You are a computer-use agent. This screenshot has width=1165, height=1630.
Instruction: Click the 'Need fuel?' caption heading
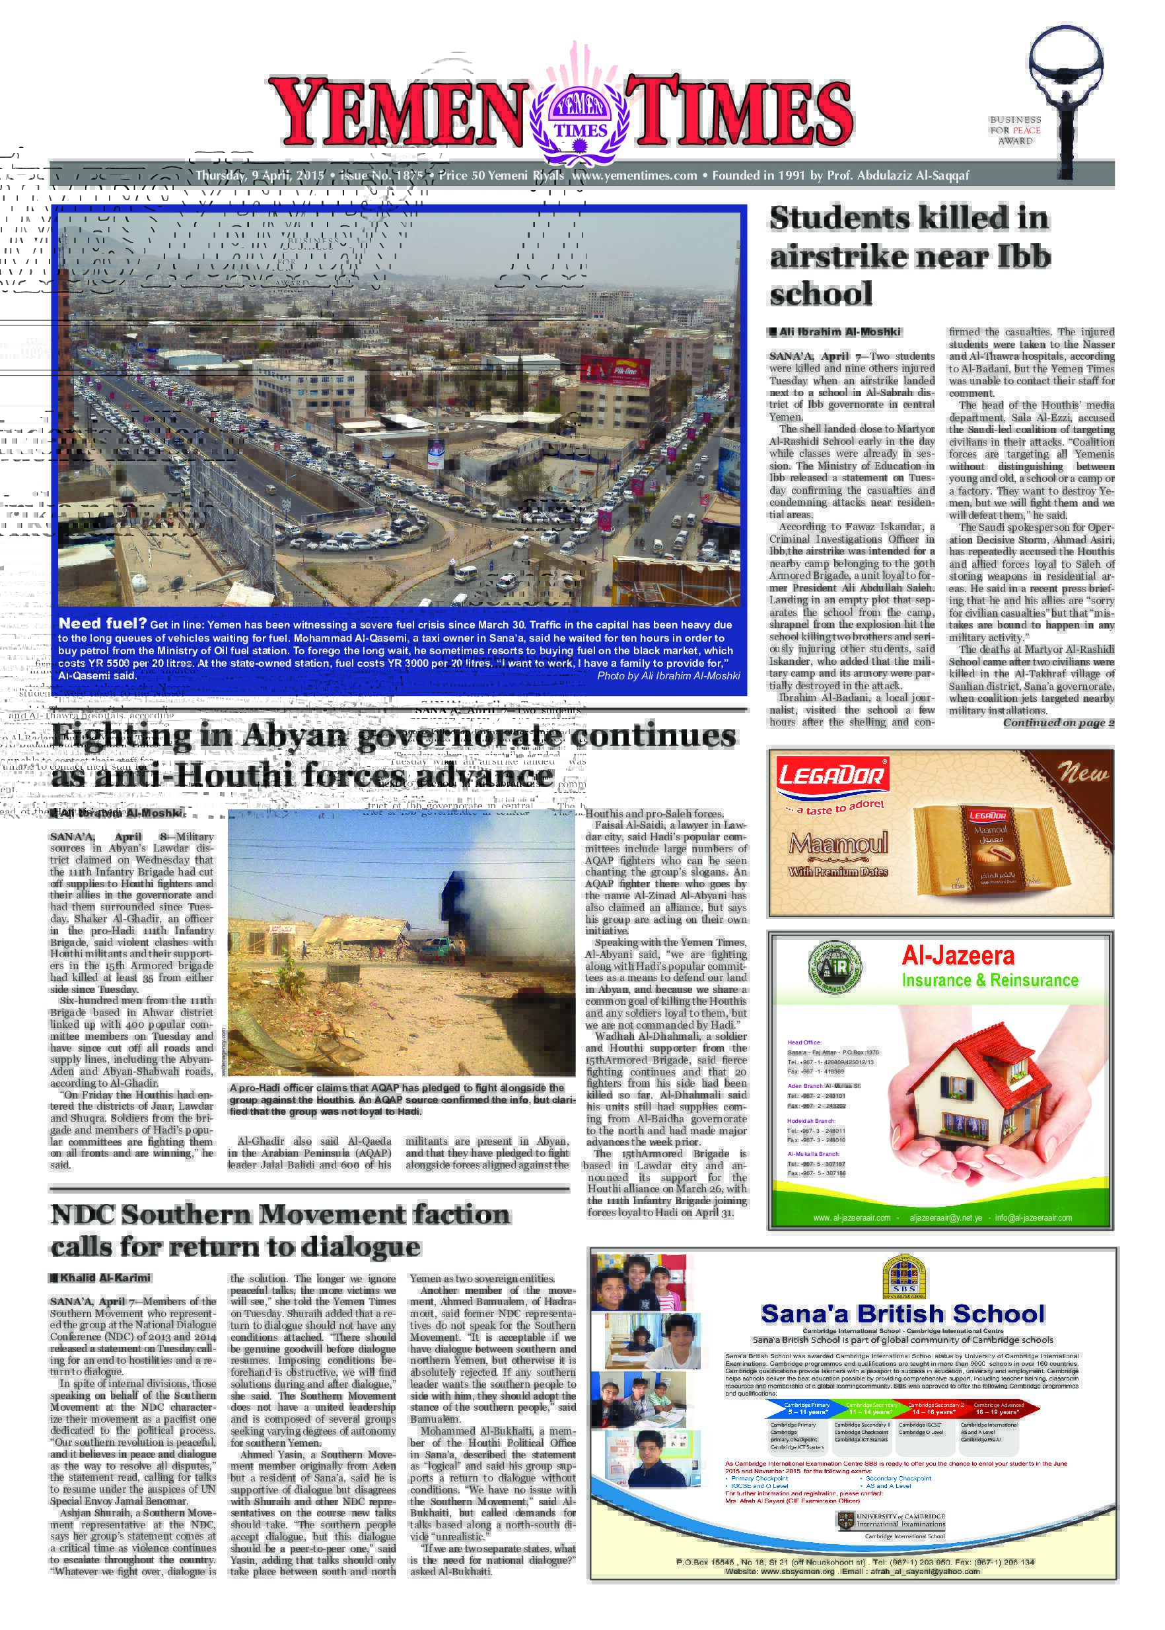pos(102,623)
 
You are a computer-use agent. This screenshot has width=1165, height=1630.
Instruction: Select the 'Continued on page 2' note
pos(1058,723)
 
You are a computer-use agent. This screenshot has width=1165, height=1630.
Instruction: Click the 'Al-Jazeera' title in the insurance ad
pos(958,956)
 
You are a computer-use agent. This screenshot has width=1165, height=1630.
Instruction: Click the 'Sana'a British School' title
pos(902,1314)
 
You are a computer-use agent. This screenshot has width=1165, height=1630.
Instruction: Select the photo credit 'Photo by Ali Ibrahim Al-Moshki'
pos(668,675)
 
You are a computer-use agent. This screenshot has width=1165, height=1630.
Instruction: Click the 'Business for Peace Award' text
pos(1015,131)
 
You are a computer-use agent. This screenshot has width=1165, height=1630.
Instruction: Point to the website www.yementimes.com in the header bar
pos(634,176)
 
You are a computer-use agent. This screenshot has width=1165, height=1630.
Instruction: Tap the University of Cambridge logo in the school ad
pos(891,1520)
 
